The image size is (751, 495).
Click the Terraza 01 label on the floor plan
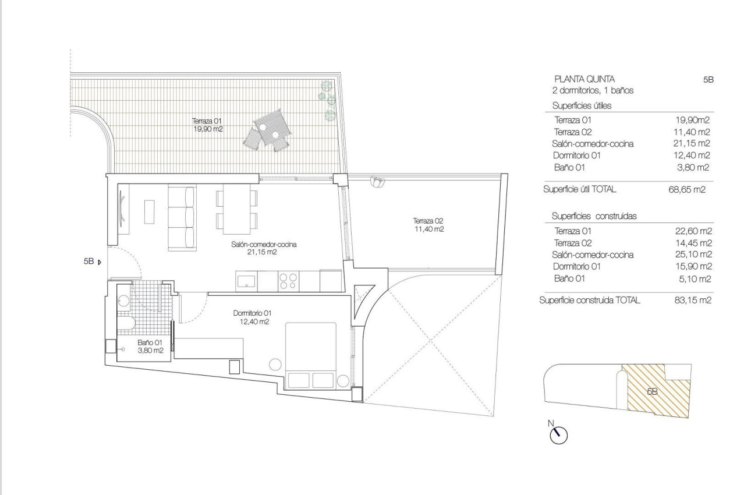[x=207, y=125]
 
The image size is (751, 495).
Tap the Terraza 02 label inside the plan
[x=428, y=225]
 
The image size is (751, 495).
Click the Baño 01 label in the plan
[x=150, y=347]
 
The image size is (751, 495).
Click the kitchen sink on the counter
[x=246, y=281]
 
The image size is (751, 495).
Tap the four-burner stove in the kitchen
[x=288, y=281]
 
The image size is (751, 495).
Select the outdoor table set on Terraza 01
[x=270, y=132]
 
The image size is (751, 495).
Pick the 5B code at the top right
[x=708, y=79]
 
